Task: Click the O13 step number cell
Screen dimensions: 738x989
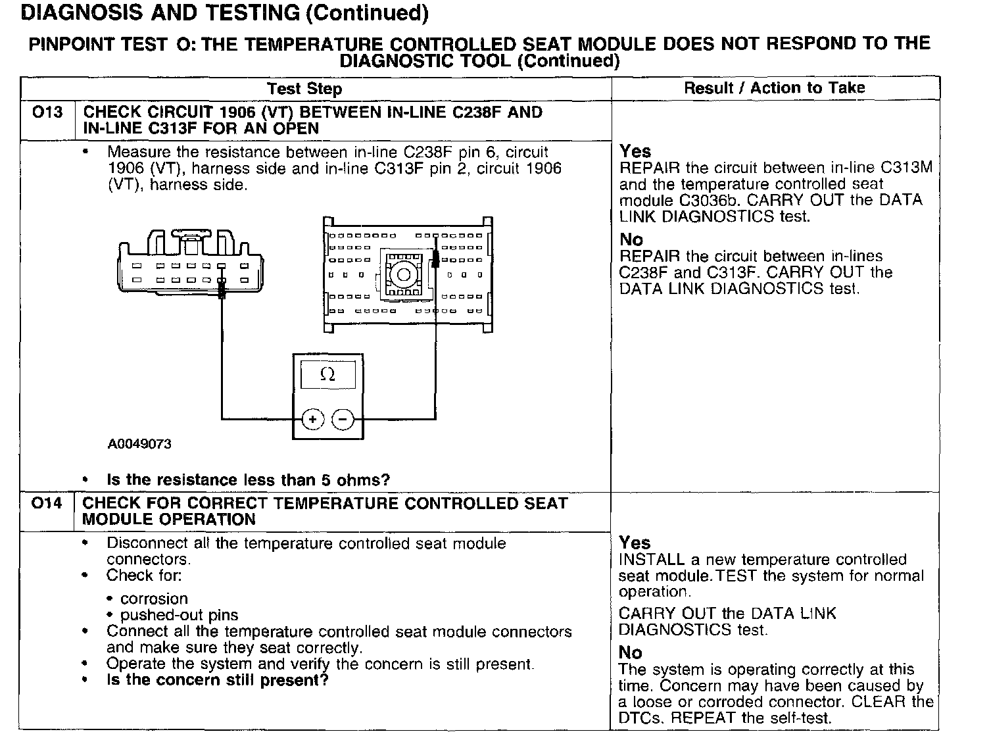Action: click(47, 112)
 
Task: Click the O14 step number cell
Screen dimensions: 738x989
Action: click(47, 504)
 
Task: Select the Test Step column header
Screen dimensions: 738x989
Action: click(304, 89)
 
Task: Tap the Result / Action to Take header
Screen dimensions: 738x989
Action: click(774, 88)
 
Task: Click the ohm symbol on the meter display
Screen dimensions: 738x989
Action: click(327, 375)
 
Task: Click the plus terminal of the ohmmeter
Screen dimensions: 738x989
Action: click(313, 419)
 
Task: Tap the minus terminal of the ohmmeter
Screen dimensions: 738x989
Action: click(342, 419)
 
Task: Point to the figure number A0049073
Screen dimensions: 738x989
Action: click(139, 444)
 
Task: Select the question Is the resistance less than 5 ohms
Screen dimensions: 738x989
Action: click(248, 480)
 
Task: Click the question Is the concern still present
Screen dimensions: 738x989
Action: click(217, 680)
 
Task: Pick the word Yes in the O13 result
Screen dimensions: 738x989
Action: click(635, 151)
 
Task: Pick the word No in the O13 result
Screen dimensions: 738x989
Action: click(631, 239)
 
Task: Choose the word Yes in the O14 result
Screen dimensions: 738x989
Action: click(635, 543)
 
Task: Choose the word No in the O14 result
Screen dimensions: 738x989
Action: click(630, 652)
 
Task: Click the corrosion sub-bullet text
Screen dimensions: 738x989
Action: click(154, 599)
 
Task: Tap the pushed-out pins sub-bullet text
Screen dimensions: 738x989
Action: click(179, 615)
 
